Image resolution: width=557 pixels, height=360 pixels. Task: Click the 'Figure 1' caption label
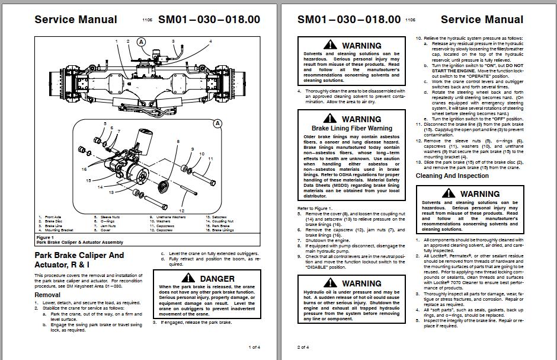pyautogui.click(x=46, y=237)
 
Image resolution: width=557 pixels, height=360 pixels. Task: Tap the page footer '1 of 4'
pyautogui.click(x=253, y=347)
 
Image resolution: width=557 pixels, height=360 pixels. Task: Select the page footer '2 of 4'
pyautogui.click(x=303, y=347)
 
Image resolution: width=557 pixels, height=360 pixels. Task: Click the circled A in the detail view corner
pyautogui.click(x=217, y=123)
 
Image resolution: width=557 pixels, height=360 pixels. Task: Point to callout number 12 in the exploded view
pyautogui.click(x=182, y=211)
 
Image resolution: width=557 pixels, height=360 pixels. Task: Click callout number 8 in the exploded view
pyautogui.click(x=177, y=142)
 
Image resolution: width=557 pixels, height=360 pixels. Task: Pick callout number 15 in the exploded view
pyautogui.click(x=88, y=180)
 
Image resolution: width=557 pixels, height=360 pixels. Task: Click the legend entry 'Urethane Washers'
pyautogui.click(x=168, y=217)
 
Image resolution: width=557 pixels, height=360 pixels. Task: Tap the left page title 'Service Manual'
pyautogui.click(x=76, y=20)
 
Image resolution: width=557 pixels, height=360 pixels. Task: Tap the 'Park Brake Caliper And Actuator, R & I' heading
pyautogui.click(x=79, y=259)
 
